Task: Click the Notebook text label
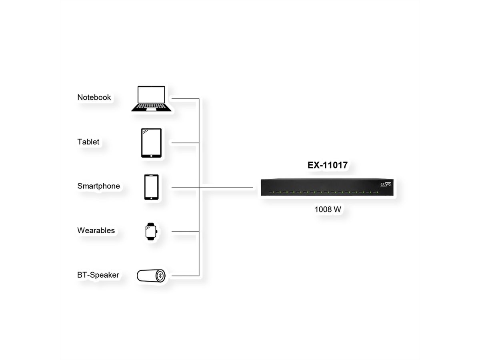(94, 97)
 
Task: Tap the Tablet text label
(88, 142)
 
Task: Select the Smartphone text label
(99, 186)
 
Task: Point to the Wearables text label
(96, 230)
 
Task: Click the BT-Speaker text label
(98, 275)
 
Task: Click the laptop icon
(151, 98)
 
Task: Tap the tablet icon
(151, 143)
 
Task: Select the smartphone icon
(151, 187)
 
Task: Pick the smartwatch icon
(151, 232)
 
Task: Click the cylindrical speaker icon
(151, 276)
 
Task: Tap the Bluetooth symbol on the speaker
(160, 276)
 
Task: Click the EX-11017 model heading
(327, 165)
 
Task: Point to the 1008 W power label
(328, 209)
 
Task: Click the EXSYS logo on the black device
(385, 184)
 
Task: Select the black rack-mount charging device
(327, 187)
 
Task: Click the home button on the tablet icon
(151, 156)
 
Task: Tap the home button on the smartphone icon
(151, 198)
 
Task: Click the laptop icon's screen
(151, 95)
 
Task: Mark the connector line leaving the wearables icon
(185, 232)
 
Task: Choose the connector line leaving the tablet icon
(185, 143)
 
